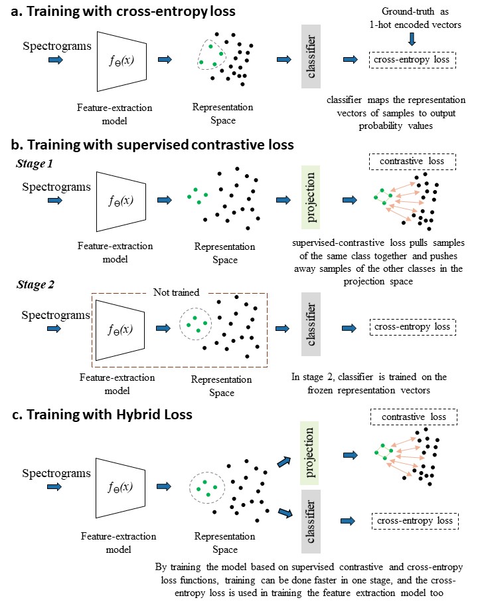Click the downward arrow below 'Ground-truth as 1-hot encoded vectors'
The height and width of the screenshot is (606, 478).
(412, 39)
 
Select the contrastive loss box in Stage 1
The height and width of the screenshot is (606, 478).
(412, 161)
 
